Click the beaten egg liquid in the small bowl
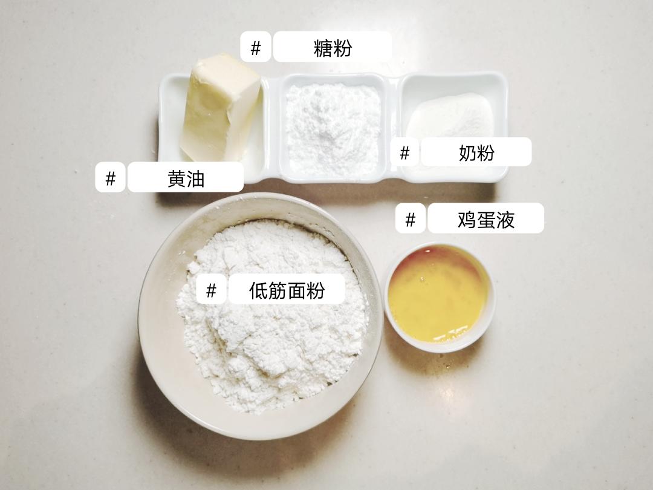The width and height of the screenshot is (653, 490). [438, 293]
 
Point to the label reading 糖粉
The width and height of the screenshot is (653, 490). [332, 47]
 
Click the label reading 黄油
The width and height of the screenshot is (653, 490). [185, 178]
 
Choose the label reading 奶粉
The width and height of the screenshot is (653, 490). [476, 152]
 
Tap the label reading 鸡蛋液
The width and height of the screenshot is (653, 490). [486, 219]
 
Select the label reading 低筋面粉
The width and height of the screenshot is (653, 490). [287, 290]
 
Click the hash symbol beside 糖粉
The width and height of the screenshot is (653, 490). [255, 48]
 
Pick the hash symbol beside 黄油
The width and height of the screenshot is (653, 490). [111, 178]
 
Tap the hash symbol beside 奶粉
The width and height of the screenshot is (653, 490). [404, 152]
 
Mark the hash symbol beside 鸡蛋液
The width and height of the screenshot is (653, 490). [411, 219]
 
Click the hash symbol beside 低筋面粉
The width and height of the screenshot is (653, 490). [211, 290]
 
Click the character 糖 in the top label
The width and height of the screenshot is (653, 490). [323, 48]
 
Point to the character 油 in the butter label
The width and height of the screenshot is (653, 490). [195, 178]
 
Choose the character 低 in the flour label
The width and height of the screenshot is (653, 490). [258, 290]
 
